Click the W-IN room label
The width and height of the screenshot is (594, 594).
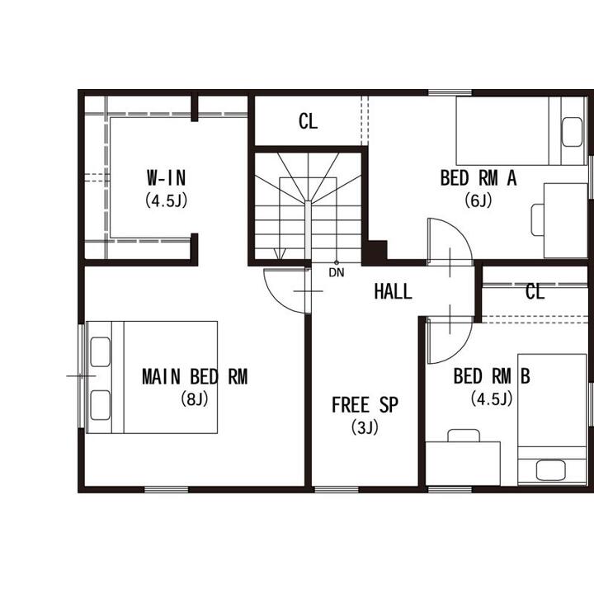[167, 177]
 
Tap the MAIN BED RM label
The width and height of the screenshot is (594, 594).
[195, 376]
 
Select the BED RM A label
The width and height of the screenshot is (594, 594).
[478, 177]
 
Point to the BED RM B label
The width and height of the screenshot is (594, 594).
[492, 376]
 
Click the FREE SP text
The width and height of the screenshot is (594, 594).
[365, 404]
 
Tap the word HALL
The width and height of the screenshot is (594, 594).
[393, 292]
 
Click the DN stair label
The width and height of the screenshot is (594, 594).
[337, 272]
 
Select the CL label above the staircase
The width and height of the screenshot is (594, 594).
[308, 121]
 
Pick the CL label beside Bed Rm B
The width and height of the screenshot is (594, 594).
[535, 292]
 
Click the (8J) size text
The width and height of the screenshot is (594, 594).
[195, 399]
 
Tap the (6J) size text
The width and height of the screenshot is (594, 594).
[478, 200]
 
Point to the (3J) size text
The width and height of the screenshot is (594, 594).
[365, 427]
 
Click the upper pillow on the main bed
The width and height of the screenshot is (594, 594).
[101, 352]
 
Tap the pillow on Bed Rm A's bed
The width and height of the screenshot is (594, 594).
[572, 132]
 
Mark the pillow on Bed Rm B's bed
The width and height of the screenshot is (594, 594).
[551, 470]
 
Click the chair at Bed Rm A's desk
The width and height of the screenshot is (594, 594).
[538, 219]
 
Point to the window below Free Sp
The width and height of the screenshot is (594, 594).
[337, 489]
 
